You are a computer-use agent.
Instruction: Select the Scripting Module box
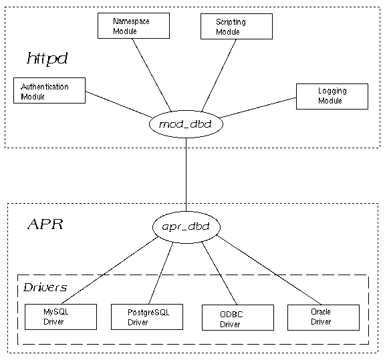coord(236,26)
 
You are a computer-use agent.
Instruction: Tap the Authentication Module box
coord(50,91)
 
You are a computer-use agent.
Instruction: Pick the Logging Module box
coord(332,96)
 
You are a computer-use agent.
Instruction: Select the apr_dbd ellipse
coord(186,227)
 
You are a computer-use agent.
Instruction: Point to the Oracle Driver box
coord(321,316)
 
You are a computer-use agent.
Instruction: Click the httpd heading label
coord(47,59)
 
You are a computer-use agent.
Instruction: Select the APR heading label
coord(45,224)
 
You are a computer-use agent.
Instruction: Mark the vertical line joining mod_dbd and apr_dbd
coord(186,174)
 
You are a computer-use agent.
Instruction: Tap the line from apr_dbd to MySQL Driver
coord(114,271)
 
